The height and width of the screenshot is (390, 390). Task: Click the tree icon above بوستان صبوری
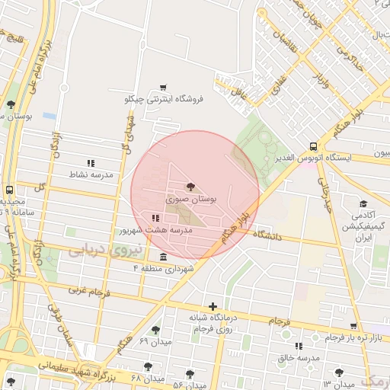click(190, 186)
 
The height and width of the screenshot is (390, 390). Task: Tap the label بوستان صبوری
click(191, 199)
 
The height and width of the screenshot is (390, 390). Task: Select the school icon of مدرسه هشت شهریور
click(155, 219)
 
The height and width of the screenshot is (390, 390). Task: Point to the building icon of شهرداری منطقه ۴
click(163, 257)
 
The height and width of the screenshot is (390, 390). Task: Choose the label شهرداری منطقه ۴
click(164, 269)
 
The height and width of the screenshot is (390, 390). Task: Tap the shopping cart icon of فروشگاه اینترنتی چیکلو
click(162, 88)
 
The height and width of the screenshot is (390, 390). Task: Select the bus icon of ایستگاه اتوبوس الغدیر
click(314, 146)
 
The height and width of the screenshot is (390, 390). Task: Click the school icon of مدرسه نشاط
click(91, 163)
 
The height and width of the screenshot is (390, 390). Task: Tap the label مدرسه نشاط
click(91, 175)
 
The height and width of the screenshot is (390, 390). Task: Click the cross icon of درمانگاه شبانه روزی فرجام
click(213, 306)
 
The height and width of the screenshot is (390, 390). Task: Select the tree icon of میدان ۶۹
click(156, 330)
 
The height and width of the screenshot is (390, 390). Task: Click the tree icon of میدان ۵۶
click(190, 373)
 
